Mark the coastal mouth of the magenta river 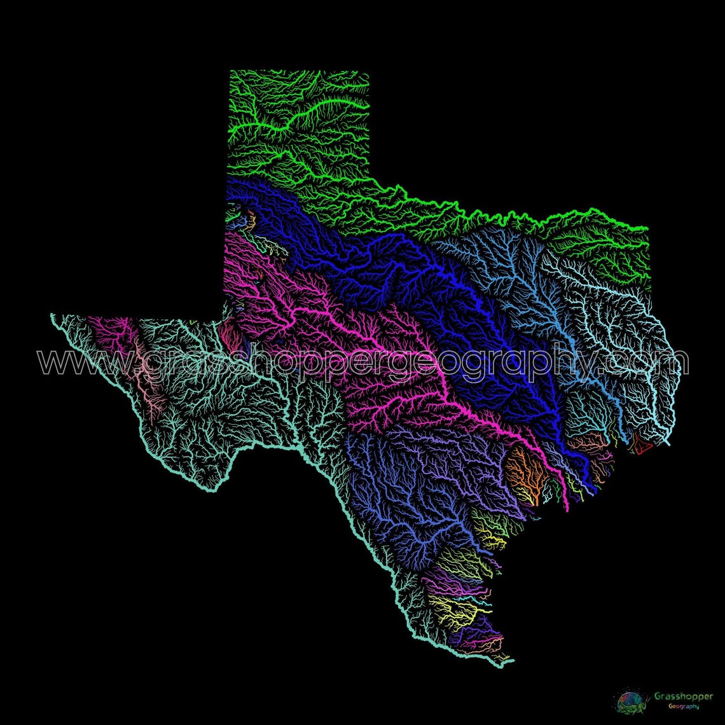(x=565, y=509)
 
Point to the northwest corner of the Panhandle (x=230, y=71)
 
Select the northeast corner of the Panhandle (x=368, y=71)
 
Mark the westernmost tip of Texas (x=52, y=315)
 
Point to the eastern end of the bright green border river (x=646, y=228)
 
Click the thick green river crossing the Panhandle (x=299, y=118)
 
